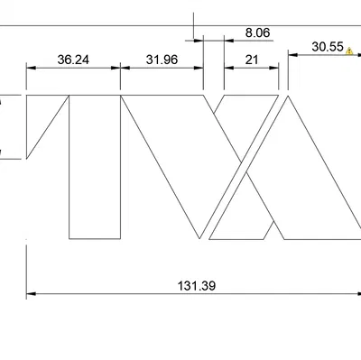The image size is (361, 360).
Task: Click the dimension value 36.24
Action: [73, 60]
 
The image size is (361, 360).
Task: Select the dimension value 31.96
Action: [162, 60]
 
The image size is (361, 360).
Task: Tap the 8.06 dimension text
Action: [257, 32]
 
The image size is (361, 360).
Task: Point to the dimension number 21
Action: [252, 60]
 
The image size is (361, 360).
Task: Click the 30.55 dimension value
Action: [328, 47]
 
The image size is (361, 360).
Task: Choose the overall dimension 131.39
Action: [197, 285]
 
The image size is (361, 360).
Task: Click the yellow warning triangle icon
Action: [349, 51]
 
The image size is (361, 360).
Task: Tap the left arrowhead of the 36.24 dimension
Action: [31, 68]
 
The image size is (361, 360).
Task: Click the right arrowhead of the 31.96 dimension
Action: [199, 68]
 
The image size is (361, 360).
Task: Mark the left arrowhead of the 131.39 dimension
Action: [31, 293]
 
